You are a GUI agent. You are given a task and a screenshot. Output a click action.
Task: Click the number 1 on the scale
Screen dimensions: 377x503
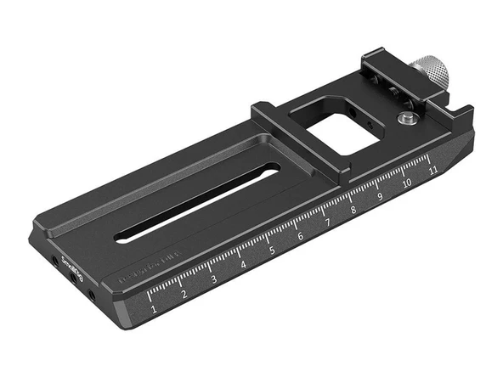click(154, 310)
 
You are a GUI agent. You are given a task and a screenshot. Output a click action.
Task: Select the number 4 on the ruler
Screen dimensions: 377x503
click(243, 265)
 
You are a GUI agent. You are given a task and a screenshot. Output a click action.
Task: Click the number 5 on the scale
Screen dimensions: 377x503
click(272, 250)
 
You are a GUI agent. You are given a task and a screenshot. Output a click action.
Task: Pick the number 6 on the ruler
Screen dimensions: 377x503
click(300, 236)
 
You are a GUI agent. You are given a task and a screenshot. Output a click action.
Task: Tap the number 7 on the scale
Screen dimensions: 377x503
click(327, 222)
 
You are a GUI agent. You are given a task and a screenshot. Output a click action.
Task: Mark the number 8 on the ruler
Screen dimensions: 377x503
click(353, 210)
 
